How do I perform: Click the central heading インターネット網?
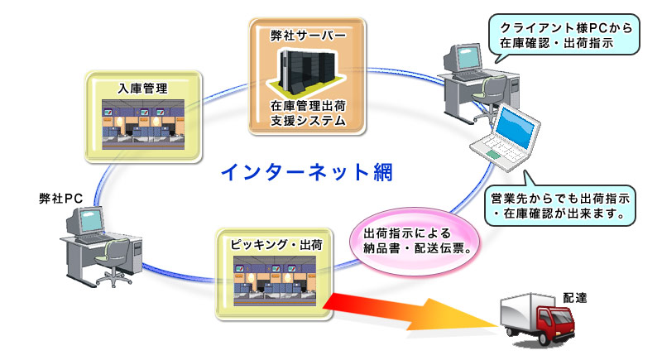pos(307,172)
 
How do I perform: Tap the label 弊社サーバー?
pos(308,36)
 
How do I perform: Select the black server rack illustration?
pos(307,70)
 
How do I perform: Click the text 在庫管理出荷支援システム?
pos(308,113)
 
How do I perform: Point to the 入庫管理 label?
pos(142,89)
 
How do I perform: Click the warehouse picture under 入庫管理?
pos(143,124)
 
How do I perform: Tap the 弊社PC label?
pos(60,198)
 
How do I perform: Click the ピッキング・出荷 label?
pos(276,245)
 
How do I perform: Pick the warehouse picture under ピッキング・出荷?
pos(275,281)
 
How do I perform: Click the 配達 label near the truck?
pos(574,298)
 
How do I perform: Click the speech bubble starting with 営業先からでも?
pos(560,205)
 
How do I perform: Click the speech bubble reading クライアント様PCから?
pos(564,35)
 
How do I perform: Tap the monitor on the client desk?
pos(463,58)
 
